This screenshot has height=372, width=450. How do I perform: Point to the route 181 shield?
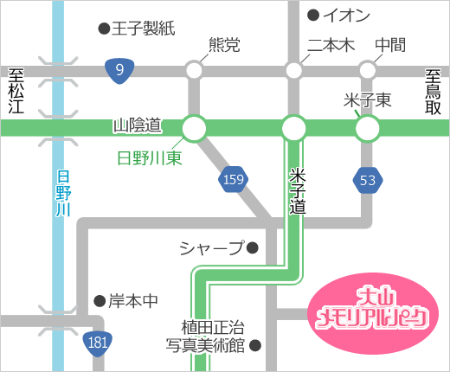[x=99, y=343]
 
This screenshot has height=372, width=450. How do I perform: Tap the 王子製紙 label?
[x=144, y=29]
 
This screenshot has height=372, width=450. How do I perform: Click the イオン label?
[x=346, y=15]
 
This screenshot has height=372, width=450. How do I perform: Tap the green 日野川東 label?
[x=150, y=158]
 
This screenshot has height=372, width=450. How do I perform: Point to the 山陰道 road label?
[x=138, y=126]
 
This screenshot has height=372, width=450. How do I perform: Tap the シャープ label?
[x=211, y=248]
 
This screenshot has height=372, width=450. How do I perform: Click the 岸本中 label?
[x=133, y=301]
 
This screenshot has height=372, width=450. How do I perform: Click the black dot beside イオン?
[x=312, y=15]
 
